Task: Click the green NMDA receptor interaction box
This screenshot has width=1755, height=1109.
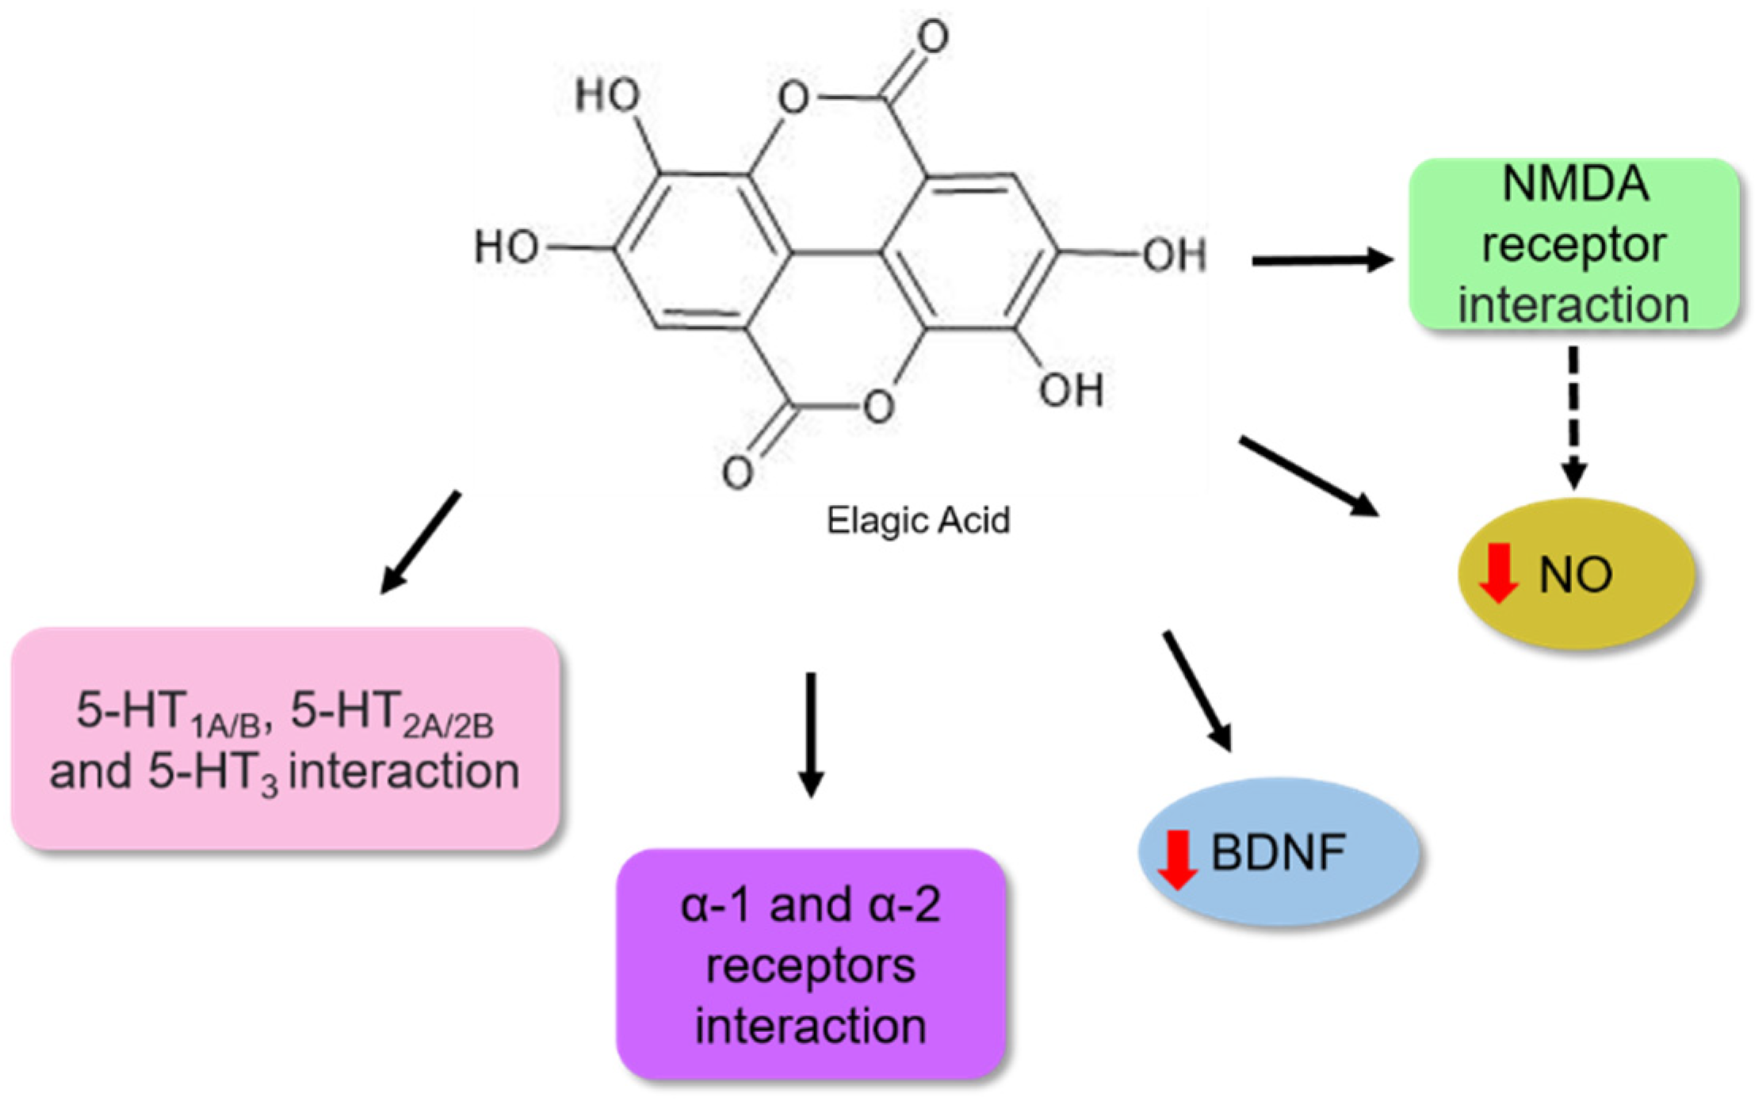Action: (x=1573, y=244)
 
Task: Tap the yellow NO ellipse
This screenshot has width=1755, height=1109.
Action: (x=1576, y=574)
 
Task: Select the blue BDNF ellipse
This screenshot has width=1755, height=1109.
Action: (x=1278, y=852)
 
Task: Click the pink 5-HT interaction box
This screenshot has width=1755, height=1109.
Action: (x=285, y=739)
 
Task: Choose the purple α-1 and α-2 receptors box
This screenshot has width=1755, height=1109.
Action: (x=810, y=964)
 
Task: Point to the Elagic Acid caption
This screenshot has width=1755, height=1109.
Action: (x=918, y=521)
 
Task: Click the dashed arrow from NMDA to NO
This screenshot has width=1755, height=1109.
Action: (x=1573, y=416)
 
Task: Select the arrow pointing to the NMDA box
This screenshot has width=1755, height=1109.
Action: (x=1321, y=260)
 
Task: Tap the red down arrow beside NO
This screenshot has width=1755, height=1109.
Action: (x=1498, y=573)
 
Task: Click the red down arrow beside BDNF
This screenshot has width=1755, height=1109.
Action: (x=1177, y=860)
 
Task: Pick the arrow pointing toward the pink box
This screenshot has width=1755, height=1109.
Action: (x=420, y=542)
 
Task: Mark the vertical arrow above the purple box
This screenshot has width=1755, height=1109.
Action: (x=810, y=733)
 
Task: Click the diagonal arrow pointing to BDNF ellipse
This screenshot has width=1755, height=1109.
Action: (x=1197, y=690)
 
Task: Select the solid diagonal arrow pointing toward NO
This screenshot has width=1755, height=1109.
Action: (x=1308, y=476)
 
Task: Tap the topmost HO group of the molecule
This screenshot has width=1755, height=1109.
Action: (x=607, y=95)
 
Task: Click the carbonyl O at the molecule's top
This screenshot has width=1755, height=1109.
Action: (x=932, y=36)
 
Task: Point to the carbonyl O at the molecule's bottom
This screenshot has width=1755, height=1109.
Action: (x=737, y=472)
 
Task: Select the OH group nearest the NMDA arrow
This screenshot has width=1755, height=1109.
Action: (x=1173, y=255)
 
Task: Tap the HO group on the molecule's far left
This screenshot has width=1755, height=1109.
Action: (x=506, y=247)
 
